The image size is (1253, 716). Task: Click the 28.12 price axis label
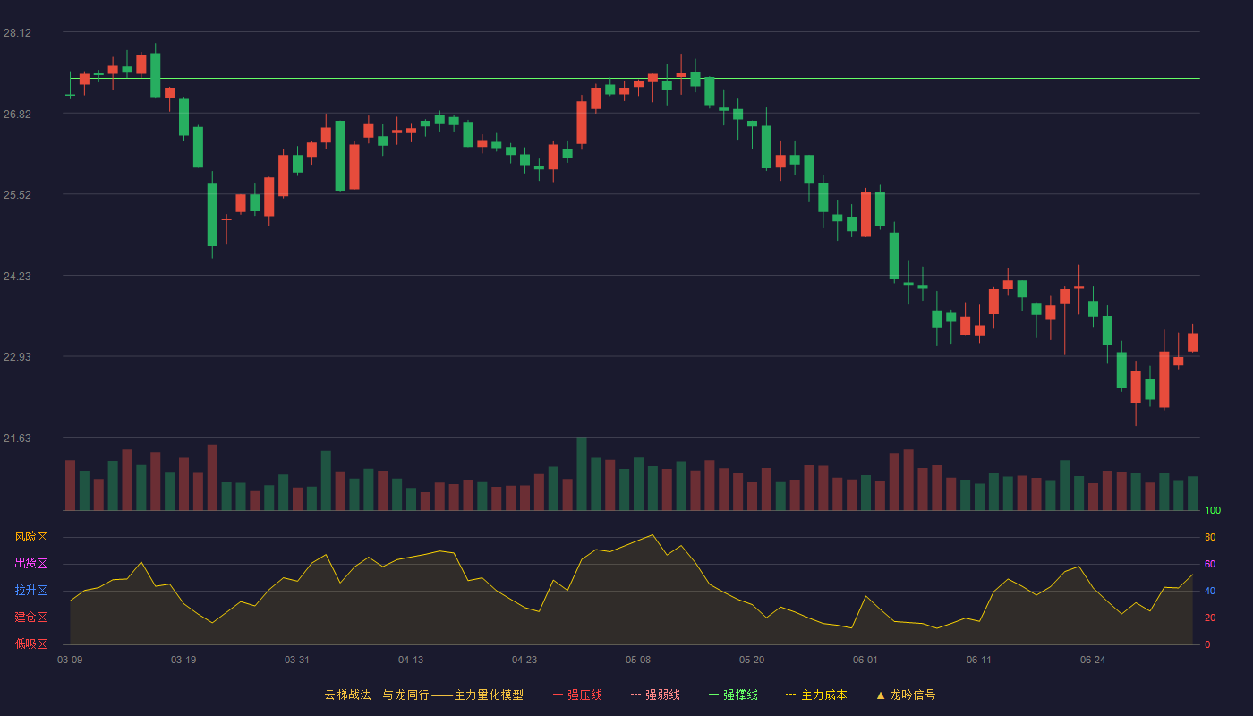[x=17, y=33]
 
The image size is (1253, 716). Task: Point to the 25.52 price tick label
[x=17, y=195]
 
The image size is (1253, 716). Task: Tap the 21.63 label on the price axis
[x=17, y=438]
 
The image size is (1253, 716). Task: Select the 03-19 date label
[x=183, y=661]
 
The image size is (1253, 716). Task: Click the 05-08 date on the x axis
[x=638, y=661]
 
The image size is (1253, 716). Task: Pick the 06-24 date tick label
[x=1093, y=661]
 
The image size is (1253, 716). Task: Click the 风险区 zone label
[x=30, y=537]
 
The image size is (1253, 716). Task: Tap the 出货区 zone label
[x=30, y=563]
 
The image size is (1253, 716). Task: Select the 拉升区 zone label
[x=30, y=590]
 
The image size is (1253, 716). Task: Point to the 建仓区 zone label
[x=30, y=617]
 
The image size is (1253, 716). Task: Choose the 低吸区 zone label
[x=30, y=644]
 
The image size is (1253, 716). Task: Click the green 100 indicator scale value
[x=1213, y=510]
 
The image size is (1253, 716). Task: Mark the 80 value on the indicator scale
[x=1210, y=537]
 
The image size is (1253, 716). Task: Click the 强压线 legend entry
[x=577, y=695]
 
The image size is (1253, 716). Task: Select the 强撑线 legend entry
[x=733, y=695]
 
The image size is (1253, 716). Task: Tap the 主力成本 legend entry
[x=816, y=695]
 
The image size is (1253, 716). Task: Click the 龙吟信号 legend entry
[x=906, y=695]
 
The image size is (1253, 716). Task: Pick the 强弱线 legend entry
[x=655, y=695]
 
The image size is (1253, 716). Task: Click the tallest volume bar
[x=582, y=473]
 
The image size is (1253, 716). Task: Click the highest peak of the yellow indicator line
[x=652, y=535]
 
